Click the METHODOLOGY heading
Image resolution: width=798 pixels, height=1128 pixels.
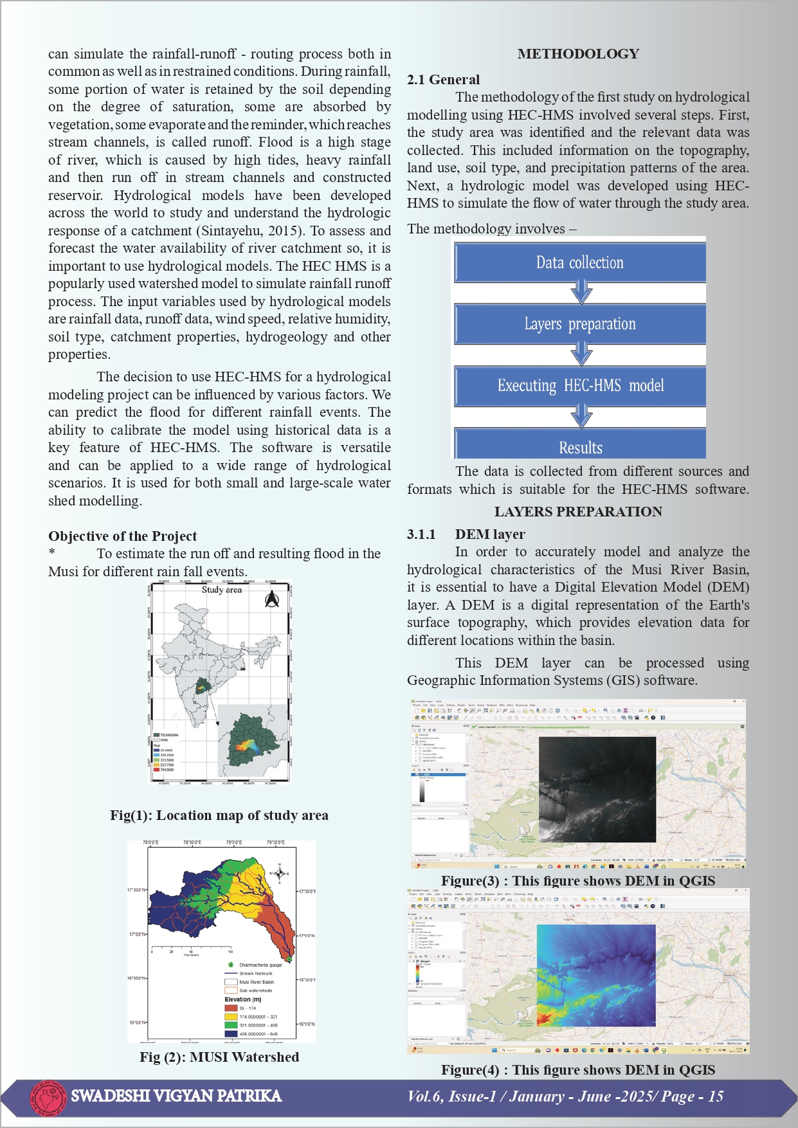click(578, 54)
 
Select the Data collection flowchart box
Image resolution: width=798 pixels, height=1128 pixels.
click(580, 262)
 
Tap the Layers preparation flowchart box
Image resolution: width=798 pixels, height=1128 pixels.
click(580, 323)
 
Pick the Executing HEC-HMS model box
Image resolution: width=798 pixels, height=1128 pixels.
click(580, 385)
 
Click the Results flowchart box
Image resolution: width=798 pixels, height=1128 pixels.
click(580, 446)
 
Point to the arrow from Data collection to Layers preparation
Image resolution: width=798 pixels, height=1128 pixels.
click(581, 292)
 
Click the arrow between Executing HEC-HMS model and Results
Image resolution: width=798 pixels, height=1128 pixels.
click(581, 415)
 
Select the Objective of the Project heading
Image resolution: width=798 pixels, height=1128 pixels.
click(122, 536)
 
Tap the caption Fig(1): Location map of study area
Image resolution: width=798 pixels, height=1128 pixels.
click(219, 815)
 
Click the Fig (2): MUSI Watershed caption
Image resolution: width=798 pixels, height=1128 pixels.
click(219, 1057)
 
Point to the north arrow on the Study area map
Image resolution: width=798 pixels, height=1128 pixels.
click(272, 599)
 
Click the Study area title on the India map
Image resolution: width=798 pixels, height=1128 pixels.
click(222, 590)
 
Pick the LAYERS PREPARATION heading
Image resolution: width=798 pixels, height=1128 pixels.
click(578, 512)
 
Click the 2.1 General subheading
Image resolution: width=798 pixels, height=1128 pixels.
click(443, 80)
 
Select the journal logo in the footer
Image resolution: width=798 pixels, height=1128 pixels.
click(48, 1096)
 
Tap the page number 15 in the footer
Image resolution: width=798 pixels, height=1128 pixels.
click(716, 1096)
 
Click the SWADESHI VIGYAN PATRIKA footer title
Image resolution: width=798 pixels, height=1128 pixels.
click(176, 1096)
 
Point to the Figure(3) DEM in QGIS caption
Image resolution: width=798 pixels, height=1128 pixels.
click(578, 881)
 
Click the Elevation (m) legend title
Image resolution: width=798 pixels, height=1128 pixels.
click(243, 999)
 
